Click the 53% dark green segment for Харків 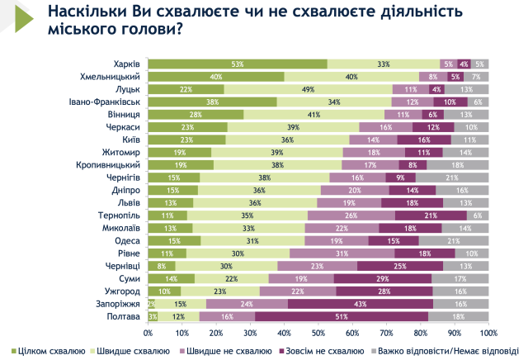point(238,64)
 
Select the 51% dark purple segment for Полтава point(342,316)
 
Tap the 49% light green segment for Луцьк point(307,88)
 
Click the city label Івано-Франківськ point(103,102)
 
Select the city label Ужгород point(121,291)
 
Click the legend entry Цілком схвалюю point(49,350)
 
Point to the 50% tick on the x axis point(318,333)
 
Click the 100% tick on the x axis point(488,333)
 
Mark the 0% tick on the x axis point(148,333)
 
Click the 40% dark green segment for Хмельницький point(216,76)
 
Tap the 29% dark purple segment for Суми point(383,278)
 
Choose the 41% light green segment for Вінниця point(313,114)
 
